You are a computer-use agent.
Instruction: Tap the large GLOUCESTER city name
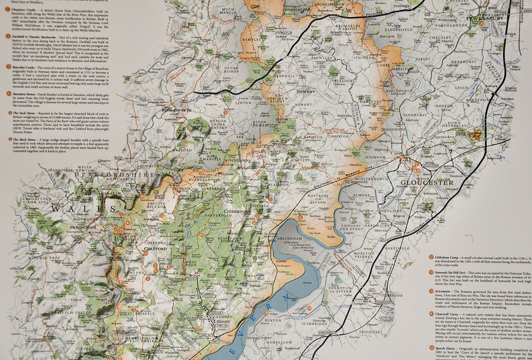tap(427, 182)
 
